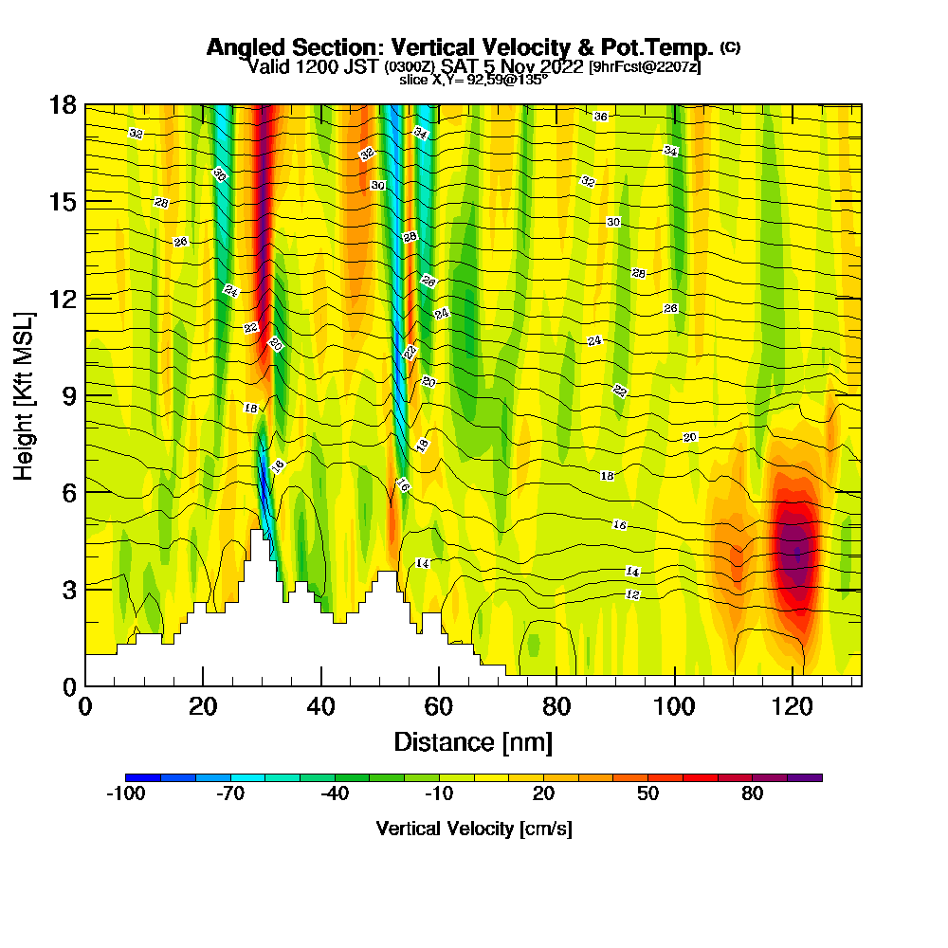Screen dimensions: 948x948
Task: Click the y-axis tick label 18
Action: [x=63, y=104]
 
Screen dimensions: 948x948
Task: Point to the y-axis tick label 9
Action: [x=69, y=395]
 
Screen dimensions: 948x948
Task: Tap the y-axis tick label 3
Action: [x=69, y=589]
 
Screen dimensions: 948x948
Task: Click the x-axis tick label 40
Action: [x=321, y=706]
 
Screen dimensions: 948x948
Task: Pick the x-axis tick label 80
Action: [x=556, y=706]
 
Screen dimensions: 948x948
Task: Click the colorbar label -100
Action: [x=125, y=794]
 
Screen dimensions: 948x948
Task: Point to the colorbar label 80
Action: [x=752, y=794]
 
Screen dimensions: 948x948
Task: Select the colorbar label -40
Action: [x=335, y=794]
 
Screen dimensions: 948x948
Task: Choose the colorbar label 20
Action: [x=543, y=794]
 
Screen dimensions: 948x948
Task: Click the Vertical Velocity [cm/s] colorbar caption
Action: [x=473, y=829]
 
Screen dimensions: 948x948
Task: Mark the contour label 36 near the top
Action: [x=600, y=117]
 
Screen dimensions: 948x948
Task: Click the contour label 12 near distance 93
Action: [x=632, y=594]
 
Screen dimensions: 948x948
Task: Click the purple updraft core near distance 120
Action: [x=794, y=550]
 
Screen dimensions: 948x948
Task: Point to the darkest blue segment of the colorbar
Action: [x=142, y=777]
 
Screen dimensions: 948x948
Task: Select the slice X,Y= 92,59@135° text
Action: [x=473, y=80]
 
